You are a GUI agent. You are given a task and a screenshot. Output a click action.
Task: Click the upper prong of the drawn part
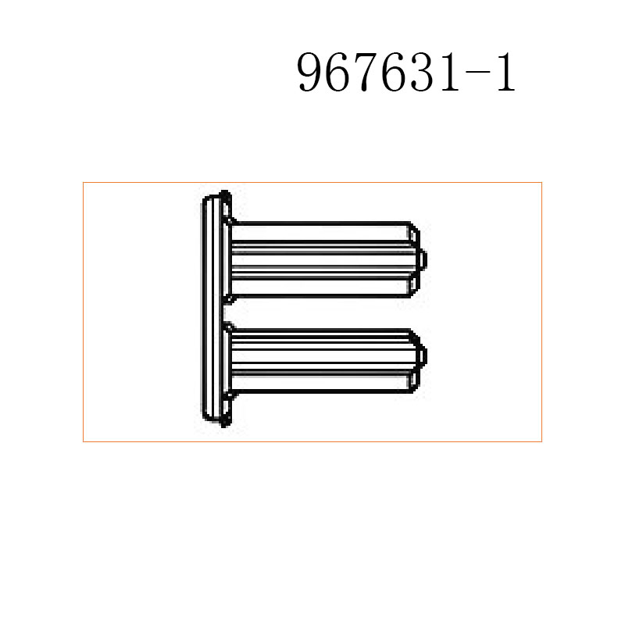pyautogui.click(x=320, y=259)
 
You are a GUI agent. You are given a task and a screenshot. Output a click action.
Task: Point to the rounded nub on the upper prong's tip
pyautogui.click(x=423, y=259)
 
